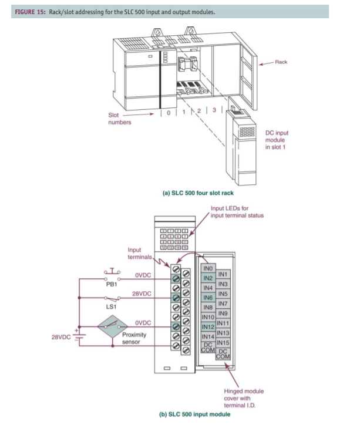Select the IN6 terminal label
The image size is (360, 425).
(x=207, y=298)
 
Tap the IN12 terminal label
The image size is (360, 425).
(x=207, y=326)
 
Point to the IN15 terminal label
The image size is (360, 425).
(x=223, y=342)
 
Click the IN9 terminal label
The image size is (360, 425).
(x=223, y=313)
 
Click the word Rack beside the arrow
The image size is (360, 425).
(x=281, y=62)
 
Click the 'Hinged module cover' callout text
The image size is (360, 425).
(x=244, y=394)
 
